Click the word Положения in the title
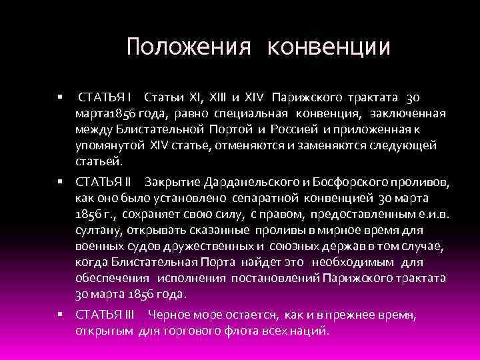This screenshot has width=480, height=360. coord(189,47)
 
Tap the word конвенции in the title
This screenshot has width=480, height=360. coord(329,47)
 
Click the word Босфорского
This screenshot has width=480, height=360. coord(351,181)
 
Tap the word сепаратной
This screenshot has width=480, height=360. coord(269,197)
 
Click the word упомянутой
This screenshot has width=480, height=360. coord(106,145)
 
